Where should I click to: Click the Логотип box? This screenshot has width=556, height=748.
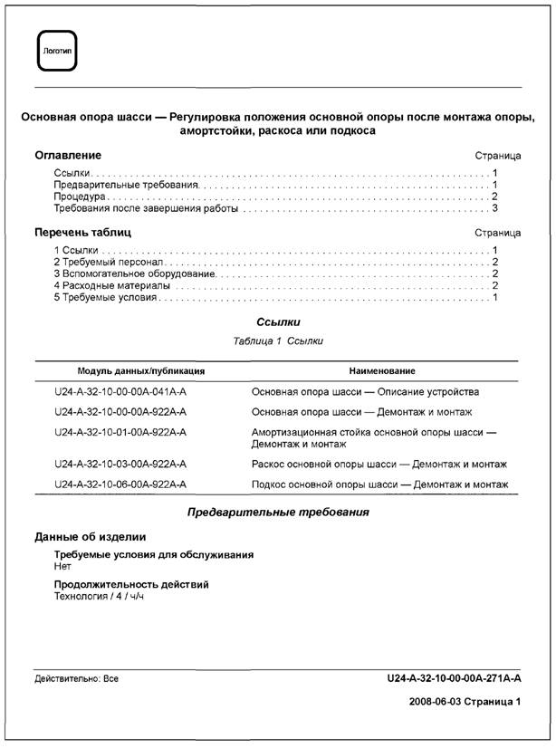tap(55, 51)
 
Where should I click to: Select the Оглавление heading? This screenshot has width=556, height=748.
tap(68, 156)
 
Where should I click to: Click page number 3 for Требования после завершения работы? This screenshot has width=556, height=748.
tap(495, 208)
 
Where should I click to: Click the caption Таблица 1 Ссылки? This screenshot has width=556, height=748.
tap(278, 341)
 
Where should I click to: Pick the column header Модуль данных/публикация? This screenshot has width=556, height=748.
tap(141, 371)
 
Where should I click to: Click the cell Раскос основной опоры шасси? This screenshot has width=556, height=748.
tap(379, 465)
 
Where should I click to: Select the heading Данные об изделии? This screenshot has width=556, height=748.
tap(90, 537)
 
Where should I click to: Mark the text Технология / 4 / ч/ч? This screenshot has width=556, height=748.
tap(100, 597)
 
